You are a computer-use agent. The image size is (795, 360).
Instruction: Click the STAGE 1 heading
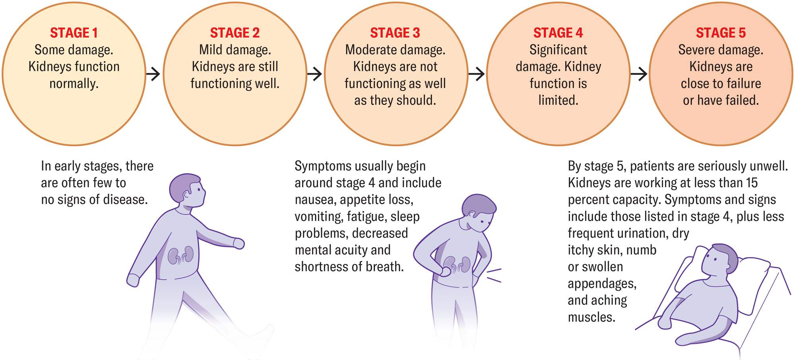(x=74, y=33)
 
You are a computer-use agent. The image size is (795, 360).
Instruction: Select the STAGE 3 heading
(x=395, y=33)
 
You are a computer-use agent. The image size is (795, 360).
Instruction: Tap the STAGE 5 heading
(x=721, y=33)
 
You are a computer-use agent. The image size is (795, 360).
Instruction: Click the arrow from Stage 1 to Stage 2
(x=153, y=74)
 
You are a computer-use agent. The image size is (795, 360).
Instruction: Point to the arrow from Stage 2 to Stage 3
(x=314, y=74)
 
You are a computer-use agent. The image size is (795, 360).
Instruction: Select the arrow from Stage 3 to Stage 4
(x=477, y=74)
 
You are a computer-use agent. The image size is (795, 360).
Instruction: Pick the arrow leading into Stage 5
(x=639, y=74)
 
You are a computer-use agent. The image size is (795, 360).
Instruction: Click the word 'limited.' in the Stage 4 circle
(x=558, y=100)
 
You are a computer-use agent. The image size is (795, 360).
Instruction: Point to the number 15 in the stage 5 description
(x=752, y=183)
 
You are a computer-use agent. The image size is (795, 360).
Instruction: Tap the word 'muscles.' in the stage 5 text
(x=591, y=317)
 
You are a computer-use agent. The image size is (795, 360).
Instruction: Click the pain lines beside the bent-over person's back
(x=494, y=275)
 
